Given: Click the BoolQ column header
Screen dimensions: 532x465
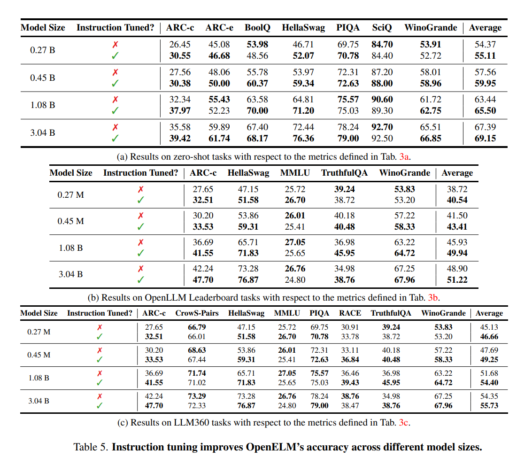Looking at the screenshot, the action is [257, 28].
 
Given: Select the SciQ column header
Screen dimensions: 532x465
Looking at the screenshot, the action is [382, 28].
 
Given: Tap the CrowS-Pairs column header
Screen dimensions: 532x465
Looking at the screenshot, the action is [197, 313].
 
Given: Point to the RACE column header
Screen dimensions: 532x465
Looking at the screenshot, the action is [350, 313].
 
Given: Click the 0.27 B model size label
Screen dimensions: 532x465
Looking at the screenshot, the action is [42, 50].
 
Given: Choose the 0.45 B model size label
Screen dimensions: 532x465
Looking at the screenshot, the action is [42, 77].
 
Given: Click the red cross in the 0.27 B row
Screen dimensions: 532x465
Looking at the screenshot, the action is [116, 45].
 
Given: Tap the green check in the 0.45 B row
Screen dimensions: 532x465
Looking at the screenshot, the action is [116, 83].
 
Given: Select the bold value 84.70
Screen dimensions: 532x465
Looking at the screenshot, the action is [382, 45].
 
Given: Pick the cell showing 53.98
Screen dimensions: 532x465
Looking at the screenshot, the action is [257, 45].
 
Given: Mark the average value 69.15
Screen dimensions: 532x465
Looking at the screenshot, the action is [485, 138].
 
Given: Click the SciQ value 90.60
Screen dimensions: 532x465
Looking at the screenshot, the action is [382, 100].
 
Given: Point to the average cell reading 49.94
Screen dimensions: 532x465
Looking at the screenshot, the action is [457, 253].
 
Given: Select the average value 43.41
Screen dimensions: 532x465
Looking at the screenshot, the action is [457, 226].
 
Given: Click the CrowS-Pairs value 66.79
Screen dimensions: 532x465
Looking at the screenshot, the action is [197, 327].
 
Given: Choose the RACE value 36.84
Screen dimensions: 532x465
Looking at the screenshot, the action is [350, 359].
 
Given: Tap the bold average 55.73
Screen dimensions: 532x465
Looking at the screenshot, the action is [489, 405].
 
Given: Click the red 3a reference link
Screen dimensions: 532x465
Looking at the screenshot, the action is [404, 156].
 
